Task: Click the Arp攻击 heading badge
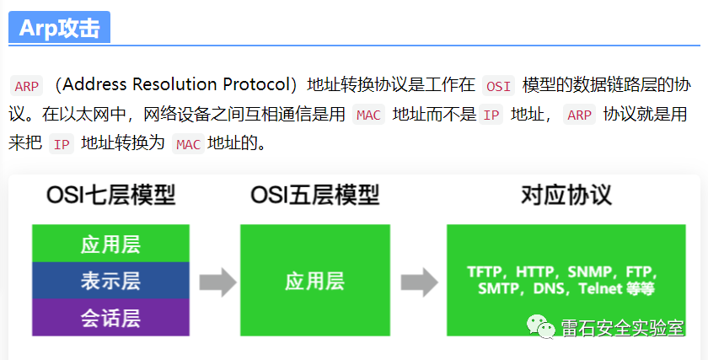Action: click(59, 28)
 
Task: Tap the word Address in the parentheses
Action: click(94, 84)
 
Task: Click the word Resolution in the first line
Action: click(175, 84)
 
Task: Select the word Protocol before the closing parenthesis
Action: click(258, 84)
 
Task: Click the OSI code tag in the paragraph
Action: click(499, 86)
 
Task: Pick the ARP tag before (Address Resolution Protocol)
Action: click(27, 86)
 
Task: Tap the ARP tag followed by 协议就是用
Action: click(579, 115)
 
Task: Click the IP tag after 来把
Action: click(62, 144)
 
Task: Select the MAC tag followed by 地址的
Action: click(188, 144)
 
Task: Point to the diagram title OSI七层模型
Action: click(110, 196)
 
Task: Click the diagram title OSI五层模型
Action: click(314, 196)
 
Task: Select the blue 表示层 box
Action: click(110, 281)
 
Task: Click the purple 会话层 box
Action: click(110, 317)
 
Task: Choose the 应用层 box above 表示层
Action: click(110, 244)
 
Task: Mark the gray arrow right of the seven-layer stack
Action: click(217, 282)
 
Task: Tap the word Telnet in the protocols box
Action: click(602, 288)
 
